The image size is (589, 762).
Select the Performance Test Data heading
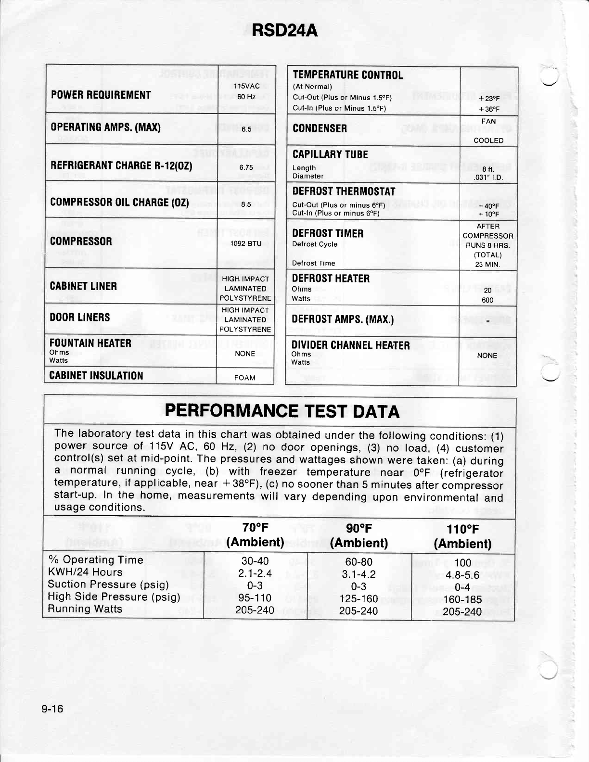pyautogui.click(x=282, y=412)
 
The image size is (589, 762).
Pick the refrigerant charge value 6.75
pyautogui.click(x=246, y=167)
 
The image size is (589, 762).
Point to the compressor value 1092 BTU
pyautogui.click(x=246, y=243)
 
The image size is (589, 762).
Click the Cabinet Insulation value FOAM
pyautogui.click(x=244, y=378)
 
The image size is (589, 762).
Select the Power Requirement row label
pyautogui.click(x=101, y=95)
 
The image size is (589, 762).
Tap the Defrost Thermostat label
pyautogui.click(x=344, y=191)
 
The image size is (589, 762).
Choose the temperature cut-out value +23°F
pyautogui.click(x=489, y=98)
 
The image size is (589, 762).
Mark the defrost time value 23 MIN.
pyautogui.click(x=488, y=264)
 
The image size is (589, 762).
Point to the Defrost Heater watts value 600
pyautogui.click(x=487, y=300)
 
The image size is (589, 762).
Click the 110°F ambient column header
pyautogui.click(x=462, y=536)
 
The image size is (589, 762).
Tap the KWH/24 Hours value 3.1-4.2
pyautogui.click(x=359, y=574)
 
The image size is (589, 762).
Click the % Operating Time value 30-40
pyautogui.click(x=255, y=561)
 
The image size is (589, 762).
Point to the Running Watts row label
pyautogui.click(x=85, y=609)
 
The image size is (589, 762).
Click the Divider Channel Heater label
pyautogui.click(x=350, y=345)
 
